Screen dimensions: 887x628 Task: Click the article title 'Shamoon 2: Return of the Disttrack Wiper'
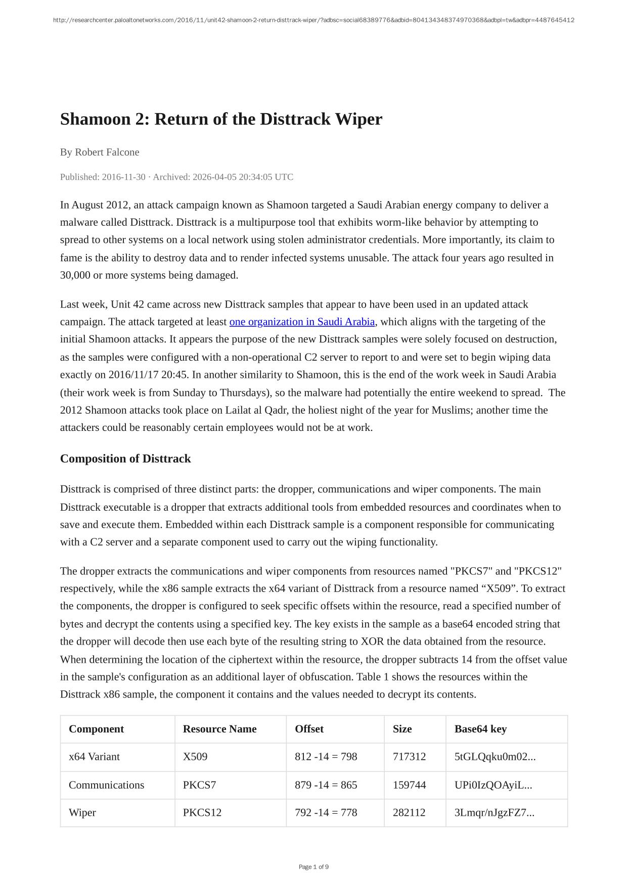221,119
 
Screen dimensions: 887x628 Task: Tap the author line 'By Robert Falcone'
100,152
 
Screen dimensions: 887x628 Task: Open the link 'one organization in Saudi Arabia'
302,322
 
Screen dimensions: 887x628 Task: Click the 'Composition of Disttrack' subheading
125,459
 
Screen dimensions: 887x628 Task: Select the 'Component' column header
96,729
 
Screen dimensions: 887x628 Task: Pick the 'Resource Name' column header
219,729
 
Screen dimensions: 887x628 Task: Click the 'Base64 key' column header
480,729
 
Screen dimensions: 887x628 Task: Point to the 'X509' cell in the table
195,757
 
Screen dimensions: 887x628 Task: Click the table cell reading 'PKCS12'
202,813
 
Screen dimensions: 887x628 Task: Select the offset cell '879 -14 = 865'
326,785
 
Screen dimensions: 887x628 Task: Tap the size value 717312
409,757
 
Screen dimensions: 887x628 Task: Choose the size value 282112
409,813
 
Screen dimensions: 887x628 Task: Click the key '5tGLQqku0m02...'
495,757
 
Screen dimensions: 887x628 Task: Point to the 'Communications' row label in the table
106,785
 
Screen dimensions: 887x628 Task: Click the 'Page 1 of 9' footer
313,867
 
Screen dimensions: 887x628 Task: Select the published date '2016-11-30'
123,177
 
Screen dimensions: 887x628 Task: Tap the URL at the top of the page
313,20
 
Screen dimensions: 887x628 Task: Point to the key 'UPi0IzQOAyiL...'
493,785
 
